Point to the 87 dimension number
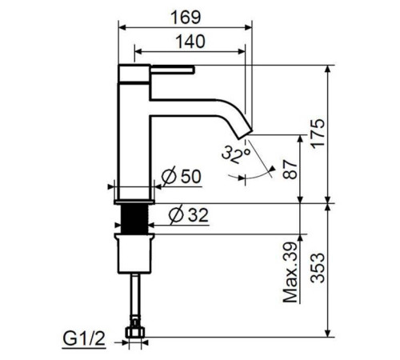coord(290,168)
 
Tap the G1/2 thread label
coord(84,338)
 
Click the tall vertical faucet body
coord(134,136)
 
